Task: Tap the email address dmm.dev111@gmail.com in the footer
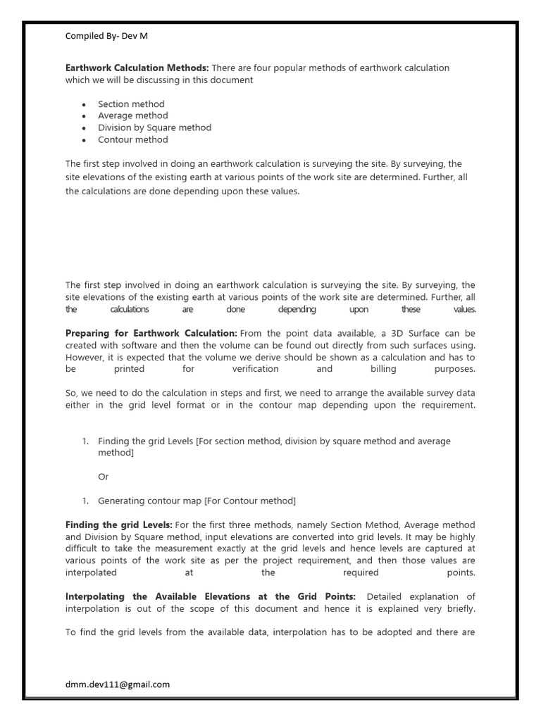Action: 118,684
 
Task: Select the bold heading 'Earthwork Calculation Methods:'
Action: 137,68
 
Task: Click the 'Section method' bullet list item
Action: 131,104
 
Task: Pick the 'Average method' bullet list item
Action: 133,115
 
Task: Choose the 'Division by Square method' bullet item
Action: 154,127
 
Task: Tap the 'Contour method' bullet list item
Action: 133,139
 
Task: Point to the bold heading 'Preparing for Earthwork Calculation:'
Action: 151,333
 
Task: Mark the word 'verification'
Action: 255,369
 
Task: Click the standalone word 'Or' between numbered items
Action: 104,477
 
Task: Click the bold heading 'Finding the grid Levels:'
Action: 119,525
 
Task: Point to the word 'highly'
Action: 461,537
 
